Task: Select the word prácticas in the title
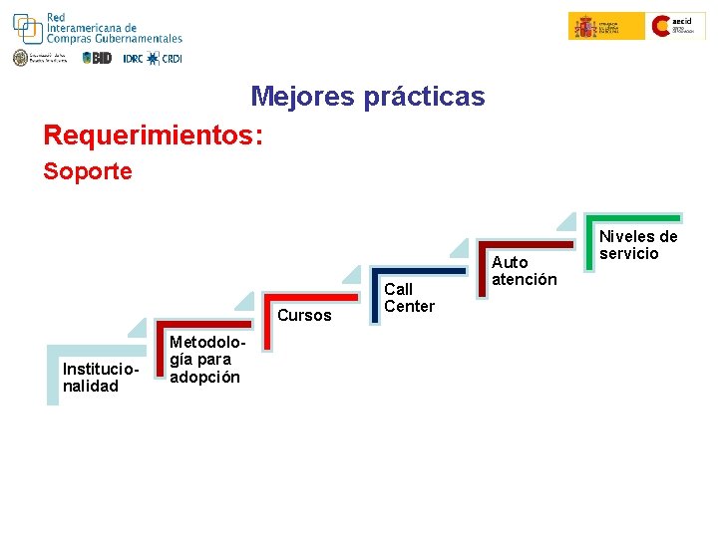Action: (x=424, y=97)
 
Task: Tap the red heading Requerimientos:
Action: (x=154, y=134)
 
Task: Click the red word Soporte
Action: (x=88, y=171)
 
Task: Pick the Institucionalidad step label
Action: (x=91, y=378)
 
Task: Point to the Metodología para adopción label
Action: (x=204, y=359)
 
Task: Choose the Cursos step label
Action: (x=304, y=316)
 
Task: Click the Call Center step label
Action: (x=409, y=298)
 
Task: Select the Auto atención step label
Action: (x=524, y=271)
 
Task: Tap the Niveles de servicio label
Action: (x=637, y=245)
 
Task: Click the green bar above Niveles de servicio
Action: (x=633, y=217)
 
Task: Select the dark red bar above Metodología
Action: (x=204, y=324)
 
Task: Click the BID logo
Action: (x=97, y=58)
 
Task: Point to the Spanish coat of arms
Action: (x=584, y=26)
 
